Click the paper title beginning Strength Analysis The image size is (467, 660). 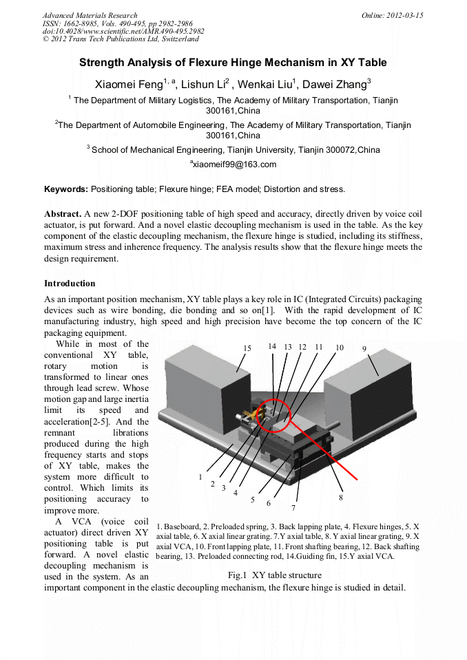(x=233, y=63)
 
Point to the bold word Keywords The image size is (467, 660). (x=65, y=189)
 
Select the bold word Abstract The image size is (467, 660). (x=63, y=213)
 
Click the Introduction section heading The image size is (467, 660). (x=70, y=284)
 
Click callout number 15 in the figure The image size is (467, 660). (x=247, y=349)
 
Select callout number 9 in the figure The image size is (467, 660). (x=364, y=349)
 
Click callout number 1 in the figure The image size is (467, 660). (x=200, y=476)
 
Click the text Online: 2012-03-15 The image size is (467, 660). (x=393, y=15)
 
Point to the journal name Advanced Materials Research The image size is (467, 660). (x=90, y=15)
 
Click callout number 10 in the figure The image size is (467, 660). (x=339, y=348)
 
